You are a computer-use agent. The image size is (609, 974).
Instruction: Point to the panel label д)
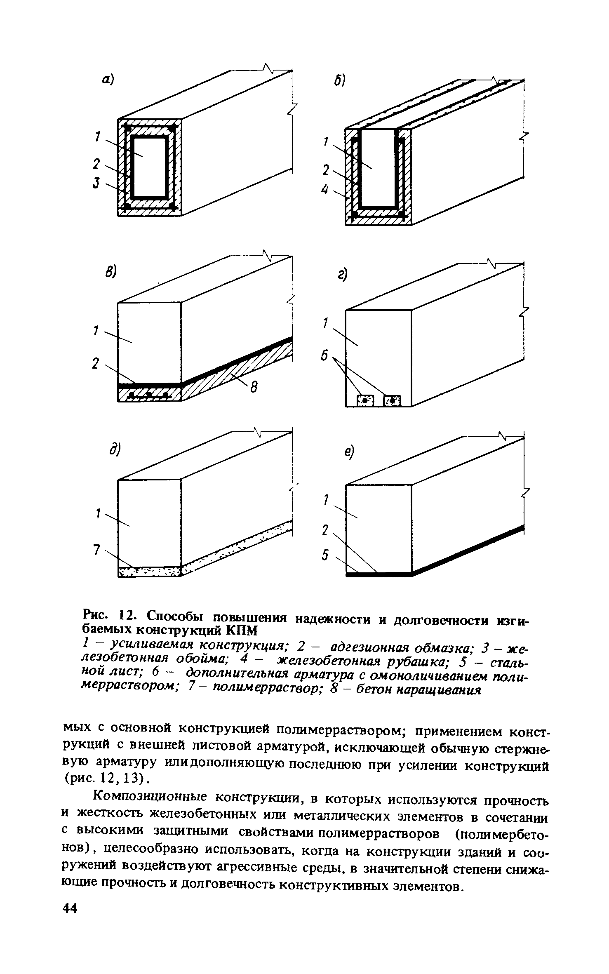click(114, 450)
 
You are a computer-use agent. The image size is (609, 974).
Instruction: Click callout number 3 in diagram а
click(96, 183)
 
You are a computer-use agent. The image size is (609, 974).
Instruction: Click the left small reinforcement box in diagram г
click(365, 400)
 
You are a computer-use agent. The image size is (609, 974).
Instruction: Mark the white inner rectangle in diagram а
click(149, 167)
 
